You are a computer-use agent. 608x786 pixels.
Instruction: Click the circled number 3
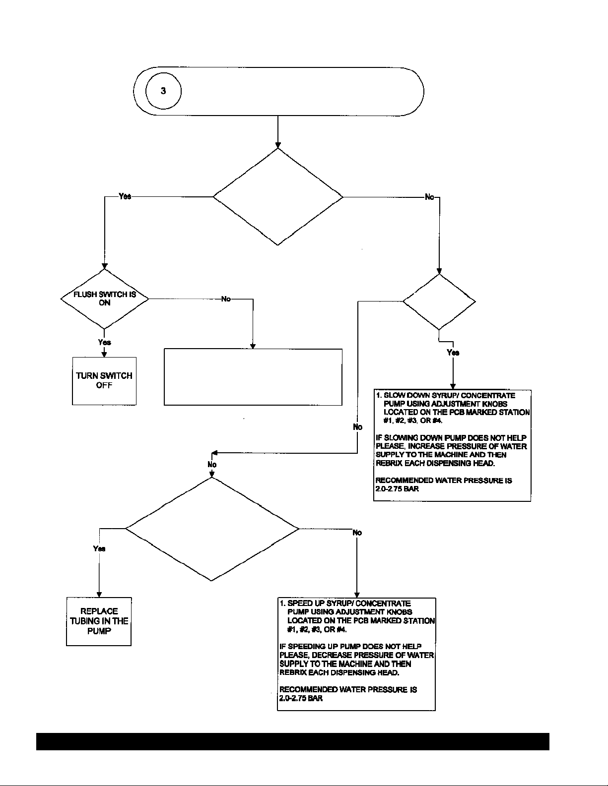click(x=163, y=91)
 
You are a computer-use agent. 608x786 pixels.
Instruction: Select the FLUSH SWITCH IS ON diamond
click(x=105, y=299)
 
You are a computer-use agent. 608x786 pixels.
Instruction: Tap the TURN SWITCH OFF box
click(x=104, y=381)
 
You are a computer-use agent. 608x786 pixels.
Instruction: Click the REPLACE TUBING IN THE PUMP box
click(x=99, y=621)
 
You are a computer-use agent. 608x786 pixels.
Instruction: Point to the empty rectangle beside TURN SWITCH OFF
click(x=253, y=377)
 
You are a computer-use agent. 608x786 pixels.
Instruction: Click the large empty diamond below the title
click(x=278, y=197)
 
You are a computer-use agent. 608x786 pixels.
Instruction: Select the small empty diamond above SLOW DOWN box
click(x=439, y=302)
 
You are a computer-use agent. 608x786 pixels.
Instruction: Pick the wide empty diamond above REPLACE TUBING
click(x=212, y=529)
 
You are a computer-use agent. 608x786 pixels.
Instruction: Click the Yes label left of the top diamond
click(x=125, y=196)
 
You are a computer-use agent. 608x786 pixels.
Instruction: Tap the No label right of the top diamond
click(x=429, y=197)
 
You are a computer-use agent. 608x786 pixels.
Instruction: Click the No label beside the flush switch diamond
click(x=226, y=299)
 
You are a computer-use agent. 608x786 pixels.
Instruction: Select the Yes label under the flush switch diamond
click(x=105, y=342)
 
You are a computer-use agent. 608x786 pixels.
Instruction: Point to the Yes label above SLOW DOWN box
click(x=453, y=352)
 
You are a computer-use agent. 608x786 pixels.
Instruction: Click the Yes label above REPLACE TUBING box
click(x=99, y=548)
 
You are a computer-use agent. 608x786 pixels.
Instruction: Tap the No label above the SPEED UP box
click(x=357, y=533)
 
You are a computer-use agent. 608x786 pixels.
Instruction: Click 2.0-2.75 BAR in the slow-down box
click(x=397, y=488)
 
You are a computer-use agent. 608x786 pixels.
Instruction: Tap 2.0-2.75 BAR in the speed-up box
click(x=301, y=698)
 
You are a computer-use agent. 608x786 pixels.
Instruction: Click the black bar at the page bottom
click(x=293, y=741)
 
